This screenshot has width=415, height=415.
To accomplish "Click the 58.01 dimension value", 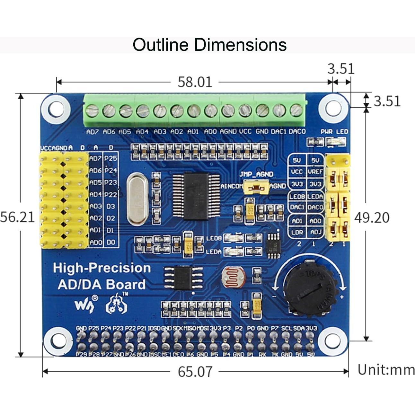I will (x=195, y=82).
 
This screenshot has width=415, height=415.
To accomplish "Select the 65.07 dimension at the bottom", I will (x=195, y=372).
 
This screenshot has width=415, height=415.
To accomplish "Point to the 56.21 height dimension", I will (x=17, y=217).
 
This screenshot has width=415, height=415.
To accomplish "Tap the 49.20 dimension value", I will (x=372, y=218).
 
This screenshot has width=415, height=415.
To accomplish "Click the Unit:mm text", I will (x=386, y=370).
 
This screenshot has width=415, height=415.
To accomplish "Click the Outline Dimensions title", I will (x=209, y=45).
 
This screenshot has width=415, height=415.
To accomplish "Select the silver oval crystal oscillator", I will (x=137, y=199).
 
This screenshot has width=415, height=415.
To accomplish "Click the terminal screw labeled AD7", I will (x=92, y=111).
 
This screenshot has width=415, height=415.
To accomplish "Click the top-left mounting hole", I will (x=57, y=109).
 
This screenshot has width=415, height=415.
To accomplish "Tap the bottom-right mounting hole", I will (x=333, y=340).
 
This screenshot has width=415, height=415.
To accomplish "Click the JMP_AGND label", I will (x=256, y=174).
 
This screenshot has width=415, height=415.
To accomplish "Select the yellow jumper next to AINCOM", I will (x=256, y=187).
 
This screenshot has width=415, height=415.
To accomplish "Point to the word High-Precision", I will (x=102, y=268).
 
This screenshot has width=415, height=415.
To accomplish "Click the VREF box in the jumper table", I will (x=315, y=172).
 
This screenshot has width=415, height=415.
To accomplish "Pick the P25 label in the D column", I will (x=111, y=158).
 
